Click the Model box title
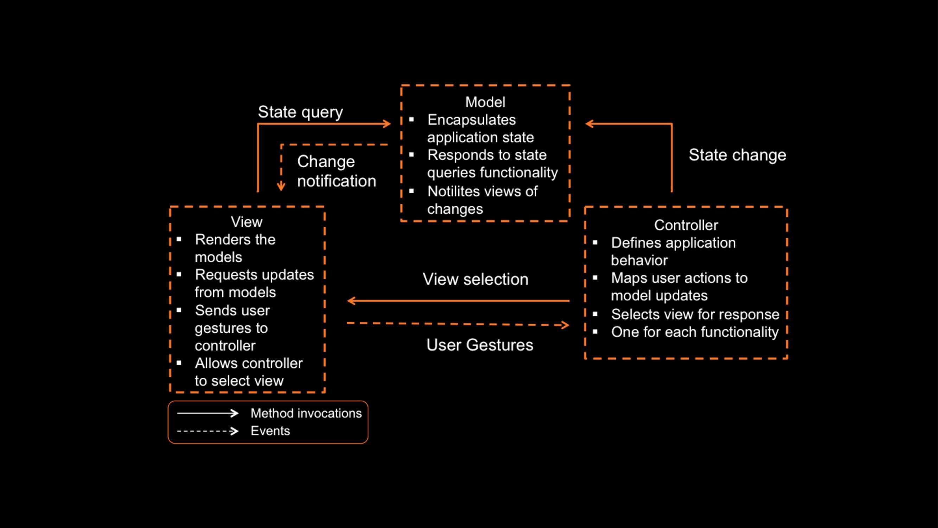485,102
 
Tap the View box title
247,222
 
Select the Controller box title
686,225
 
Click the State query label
300,112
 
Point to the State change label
738,155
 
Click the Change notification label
337,171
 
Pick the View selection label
475,279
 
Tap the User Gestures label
480,345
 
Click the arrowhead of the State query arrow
388,124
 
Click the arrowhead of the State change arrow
588,124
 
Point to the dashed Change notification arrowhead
281,187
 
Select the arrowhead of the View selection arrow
351,301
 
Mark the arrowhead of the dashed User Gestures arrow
566,325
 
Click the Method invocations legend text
306,413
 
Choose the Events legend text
270,431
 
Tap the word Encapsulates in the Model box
472,120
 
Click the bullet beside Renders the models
179,239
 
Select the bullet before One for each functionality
595,332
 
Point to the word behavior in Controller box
639,260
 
